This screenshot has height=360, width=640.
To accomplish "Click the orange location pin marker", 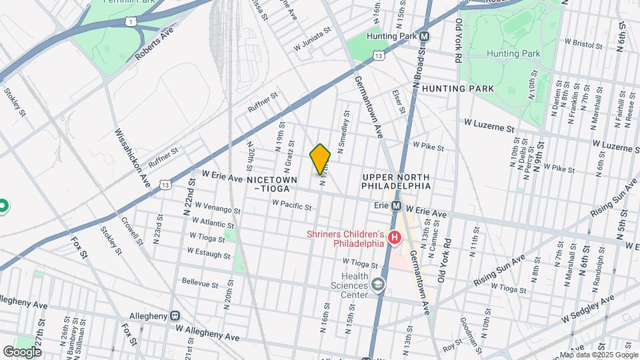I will pos(321,159).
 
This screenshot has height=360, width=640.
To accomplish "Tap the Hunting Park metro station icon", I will pos(424,36).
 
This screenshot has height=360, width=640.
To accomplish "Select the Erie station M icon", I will pos(395,206).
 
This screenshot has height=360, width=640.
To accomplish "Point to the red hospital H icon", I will pos(395,237).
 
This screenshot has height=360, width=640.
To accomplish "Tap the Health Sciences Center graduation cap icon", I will pos(379,285).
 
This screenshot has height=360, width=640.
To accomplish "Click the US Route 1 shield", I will pos(129,21).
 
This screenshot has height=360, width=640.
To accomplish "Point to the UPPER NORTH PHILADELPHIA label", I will pos(396,181).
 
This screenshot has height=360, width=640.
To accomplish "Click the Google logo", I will pos(23,351).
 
